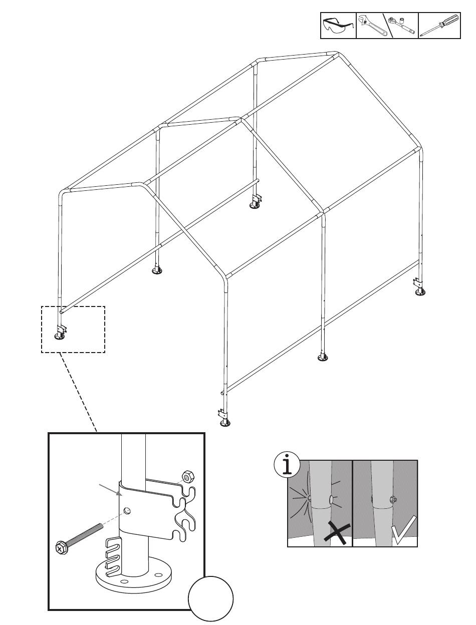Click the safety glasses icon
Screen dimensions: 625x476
338,26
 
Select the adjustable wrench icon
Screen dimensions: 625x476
371,26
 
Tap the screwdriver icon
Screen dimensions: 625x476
439,26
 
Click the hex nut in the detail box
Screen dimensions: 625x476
187,476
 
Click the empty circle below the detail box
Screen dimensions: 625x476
211,598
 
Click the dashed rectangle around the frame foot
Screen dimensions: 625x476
73,329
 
